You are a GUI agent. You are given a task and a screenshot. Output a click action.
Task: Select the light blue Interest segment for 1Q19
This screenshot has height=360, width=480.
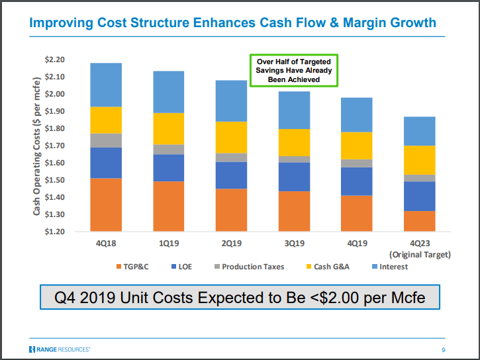point(168,92)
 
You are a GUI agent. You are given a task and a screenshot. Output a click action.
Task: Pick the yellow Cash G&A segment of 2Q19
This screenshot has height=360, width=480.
point(231,138)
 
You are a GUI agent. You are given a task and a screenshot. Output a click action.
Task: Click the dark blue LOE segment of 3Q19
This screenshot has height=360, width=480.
point(294,177)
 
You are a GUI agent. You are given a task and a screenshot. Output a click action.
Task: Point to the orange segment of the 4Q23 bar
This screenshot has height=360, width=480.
point(420,221)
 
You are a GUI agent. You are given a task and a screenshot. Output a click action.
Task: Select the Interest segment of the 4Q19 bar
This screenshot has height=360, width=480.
point(357,114)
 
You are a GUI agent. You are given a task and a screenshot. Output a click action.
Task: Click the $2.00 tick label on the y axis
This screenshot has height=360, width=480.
point(54,94)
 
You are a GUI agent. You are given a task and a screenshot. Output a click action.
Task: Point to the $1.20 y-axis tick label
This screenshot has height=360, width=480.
point(54,232)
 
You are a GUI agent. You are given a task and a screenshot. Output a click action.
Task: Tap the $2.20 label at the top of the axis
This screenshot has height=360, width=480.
point(54,60)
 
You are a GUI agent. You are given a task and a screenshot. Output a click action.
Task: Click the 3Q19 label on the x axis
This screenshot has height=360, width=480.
point(294,244)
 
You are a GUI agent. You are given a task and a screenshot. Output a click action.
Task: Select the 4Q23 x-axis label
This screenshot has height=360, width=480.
point(420,244)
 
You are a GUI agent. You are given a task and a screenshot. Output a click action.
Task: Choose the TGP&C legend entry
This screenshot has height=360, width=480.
point(136,267)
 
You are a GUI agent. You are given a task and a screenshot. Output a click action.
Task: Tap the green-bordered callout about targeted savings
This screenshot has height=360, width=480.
point(293,70)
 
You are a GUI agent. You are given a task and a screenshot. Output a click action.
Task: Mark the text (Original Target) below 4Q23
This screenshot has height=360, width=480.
point(420,254)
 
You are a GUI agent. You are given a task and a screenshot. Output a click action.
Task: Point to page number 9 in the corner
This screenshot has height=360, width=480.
point(444,349)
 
